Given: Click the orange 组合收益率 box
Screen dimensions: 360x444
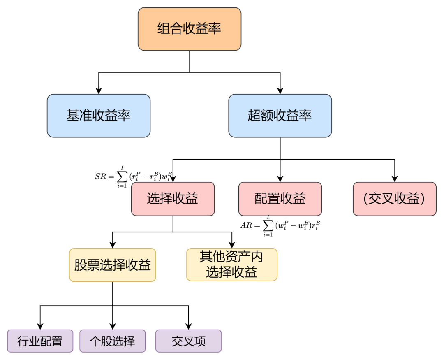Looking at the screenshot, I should click(x=189, y=29).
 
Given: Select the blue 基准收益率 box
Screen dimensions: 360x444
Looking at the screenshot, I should click(x=99, y=116).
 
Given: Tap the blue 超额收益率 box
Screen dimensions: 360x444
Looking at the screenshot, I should click(x=280, y=116).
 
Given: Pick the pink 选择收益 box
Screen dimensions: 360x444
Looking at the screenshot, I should click(x=173, y=199).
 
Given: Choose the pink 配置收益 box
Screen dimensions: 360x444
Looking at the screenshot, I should click(x=280, y=199).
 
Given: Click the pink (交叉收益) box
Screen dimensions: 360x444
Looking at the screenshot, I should click(x=394, y=199).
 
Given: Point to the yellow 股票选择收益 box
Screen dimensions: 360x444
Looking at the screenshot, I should click(x=112, y=265).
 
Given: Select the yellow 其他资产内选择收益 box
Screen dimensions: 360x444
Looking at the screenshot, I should click(x=231, y=265).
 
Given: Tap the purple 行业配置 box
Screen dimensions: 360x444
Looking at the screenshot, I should click(x=40, y=341).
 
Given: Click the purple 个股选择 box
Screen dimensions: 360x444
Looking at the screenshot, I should click(x=112, y=341).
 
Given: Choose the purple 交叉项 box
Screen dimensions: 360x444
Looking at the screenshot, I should click(x=188, y=341).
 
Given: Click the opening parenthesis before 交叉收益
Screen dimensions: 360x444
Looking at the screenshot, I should click(x=366, y=199).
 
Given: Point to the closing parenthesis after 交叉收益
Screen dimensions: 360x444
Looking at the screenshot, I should click(x=422, y=199).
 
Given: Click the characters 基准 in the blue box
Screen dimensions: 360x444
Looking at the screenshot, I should click(x=79, y=116).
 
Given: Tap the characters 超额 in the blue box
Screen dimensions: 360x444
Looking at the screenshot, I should click(x=261, y=116).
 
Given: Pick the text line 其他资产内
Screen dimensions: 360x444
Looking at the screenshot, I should click(x=231, y=257).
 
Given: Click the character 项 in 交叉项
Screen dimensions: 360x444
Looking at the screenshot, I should click(x=200, y=341).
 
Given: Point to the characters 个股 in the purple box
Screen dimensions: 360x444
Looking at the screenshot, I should click(x=101, y=341).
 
